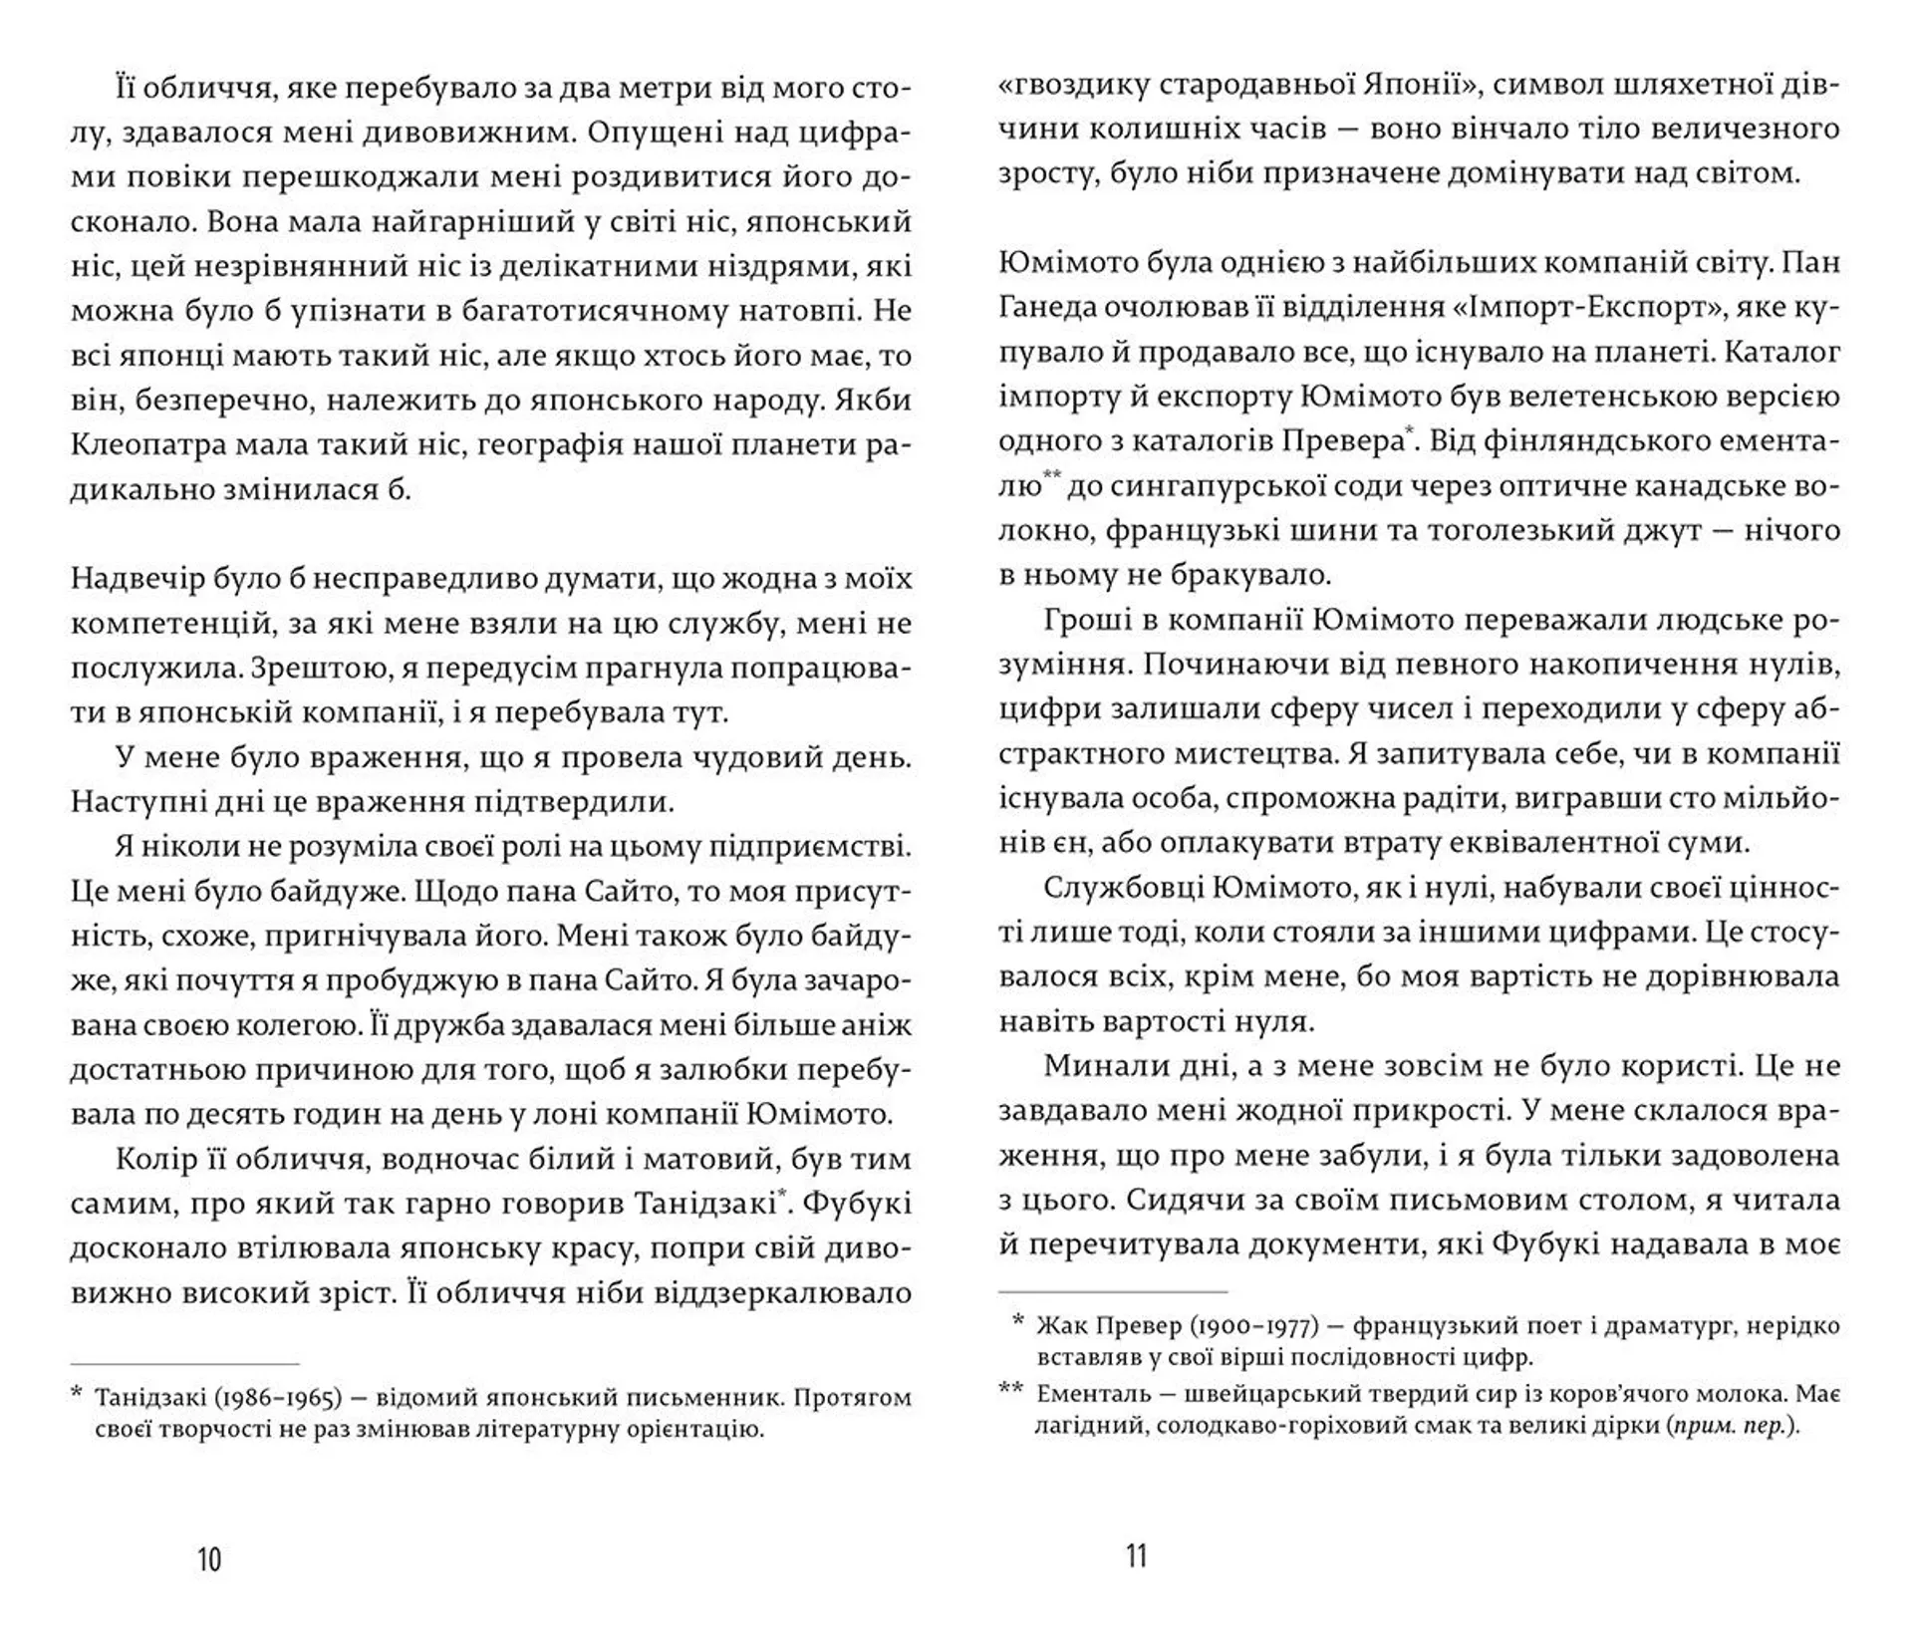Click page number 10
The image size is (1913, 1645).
209,1559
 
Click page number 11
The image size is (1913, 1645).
1137,1555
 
